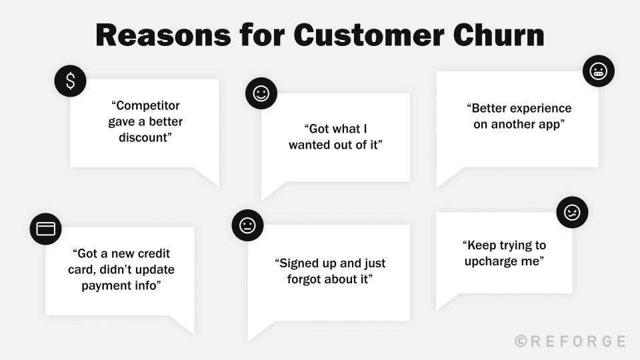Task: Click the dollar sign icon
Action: tap(70, 81)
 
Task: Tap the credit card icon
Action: tap(45, 229)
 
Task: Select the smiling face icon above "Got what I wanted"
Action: tap(261, 93)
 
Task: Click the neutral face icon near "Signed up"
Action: tap(247, 225)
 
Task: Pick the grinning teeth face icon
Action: tap(598, 71)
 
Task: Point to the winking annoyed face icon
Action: tap(572, 213)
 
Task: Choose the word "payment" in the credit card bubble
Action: tap(106, 285)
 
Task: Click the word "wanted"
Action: tap(311, 145)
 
